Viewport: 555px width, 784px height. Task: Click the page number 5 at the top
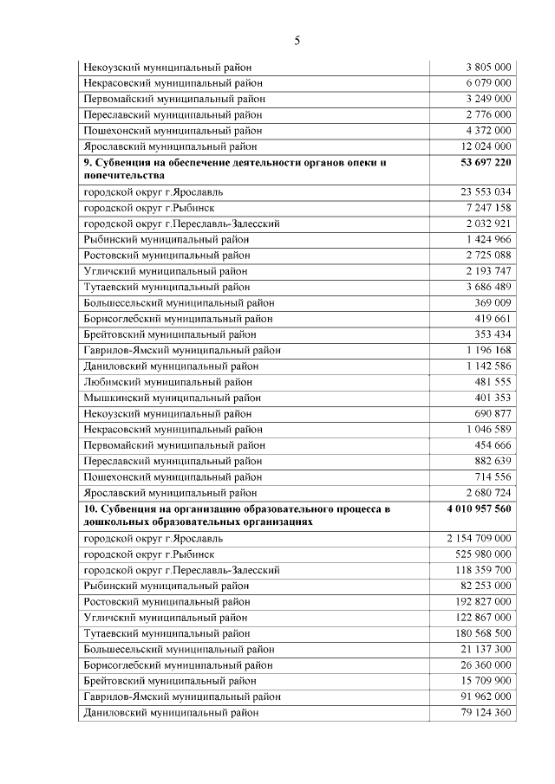297,41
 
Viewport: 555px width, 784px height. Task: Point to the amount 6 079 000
488,83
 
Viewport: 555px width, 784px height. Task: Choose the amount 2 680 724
488,492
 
